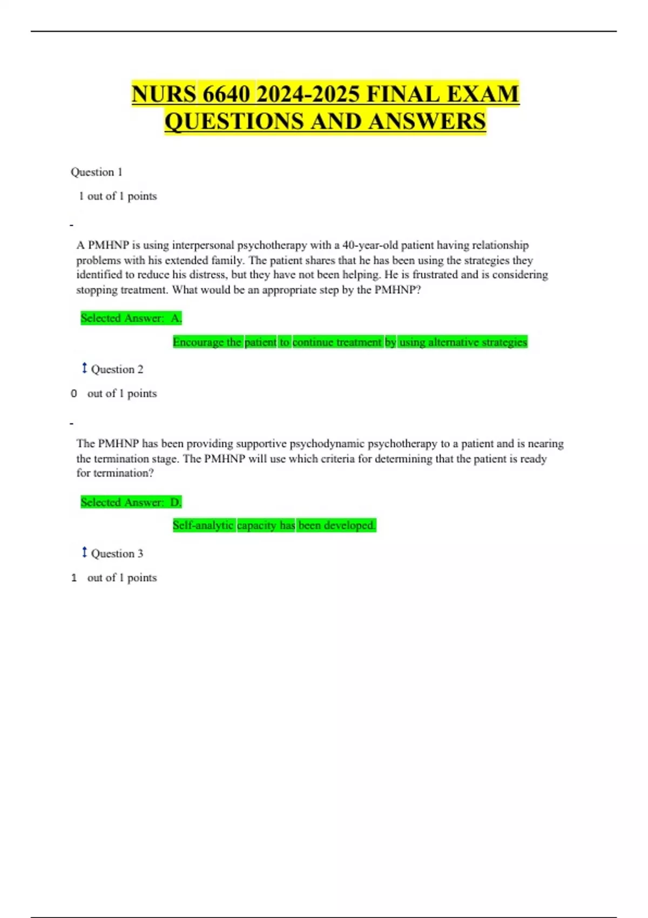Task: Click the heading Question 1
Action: pos(97,172)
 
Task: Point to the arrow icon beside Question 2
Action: pos(84,368)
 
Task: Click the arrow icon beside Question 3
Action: pos(84,552)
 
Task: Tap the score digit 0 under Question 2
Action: pos(74,394)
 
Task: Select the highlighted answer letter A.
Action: pos(176,318)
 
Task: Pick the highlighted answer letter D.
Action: pos(175,502)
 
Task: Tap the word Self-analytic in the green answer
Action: pos(203,525)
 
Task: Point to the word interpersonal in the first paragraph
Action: pos(203,245)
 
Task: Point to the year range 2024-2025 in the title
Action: pos(308,94)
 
